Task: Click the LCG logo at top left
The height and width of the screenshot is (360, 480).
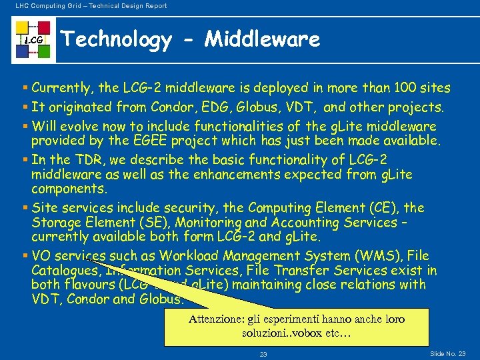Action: [33, 41]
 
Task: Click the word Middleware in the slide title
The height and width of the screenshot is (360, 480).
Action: [263, 40]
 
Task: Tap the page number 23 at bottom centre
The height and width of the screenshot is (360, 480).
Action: [263, 355]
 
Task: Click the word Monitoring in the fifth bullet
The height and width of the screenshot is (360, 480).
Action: [220, 223]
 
